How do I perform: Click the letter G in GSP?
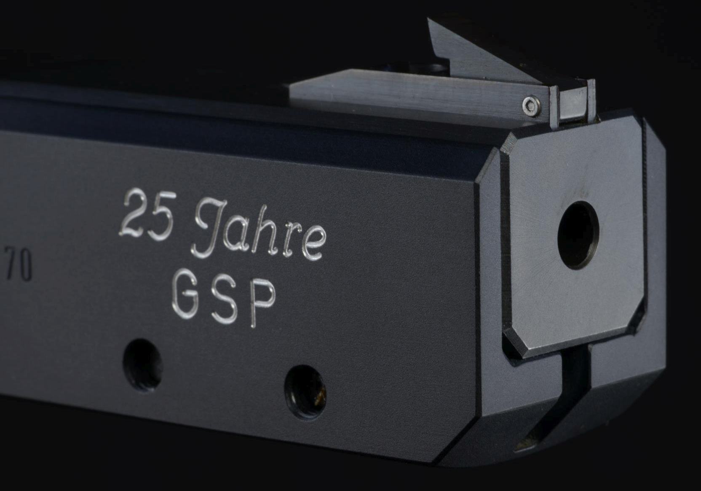click(185, 294)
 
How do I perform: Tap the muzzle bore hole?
click(578, 235)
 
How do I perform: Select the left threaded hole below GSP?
click(143, 364)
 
